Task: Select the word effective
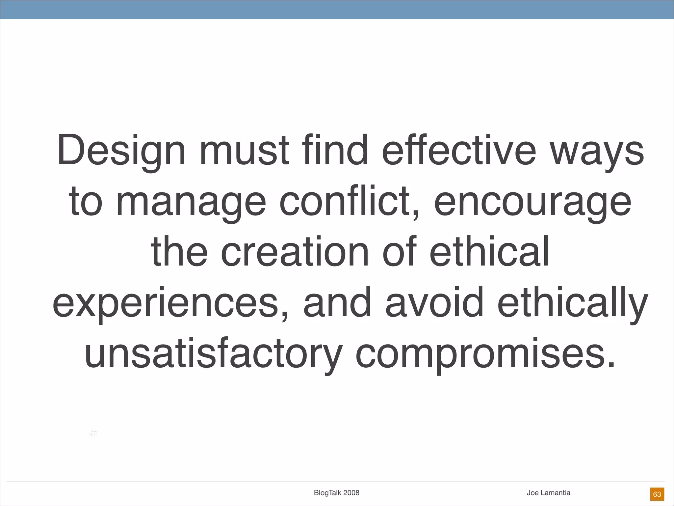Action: [x=459, y=150]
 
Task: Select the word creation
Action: [x=295, y=252]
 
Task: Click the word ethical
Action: [x=489, y=251]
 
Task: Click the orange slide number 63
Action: [x=657, y=494]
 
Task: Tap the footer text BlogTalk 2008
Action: [x=336, y=493]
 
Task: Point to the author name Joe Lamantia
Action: [x=548, y=493]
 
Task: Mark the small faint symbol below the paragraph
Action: [x=93, y=434]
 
